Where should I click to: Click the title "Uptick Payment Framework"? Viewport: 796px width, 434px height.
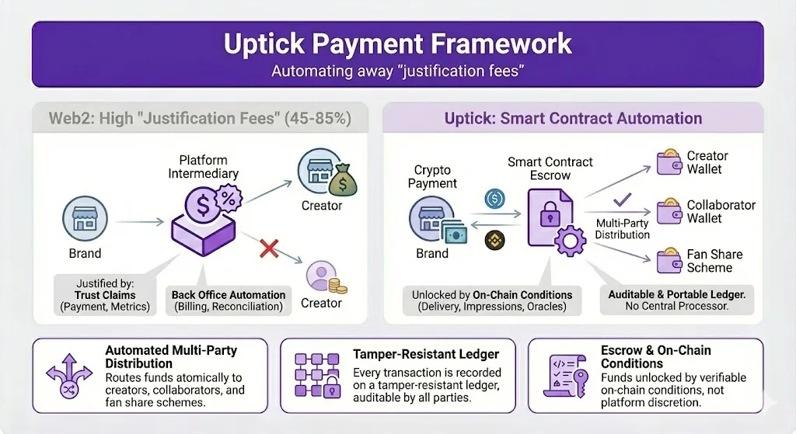pos(397,43)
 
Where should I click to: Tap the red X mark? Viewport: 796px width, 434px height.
pos(269,249)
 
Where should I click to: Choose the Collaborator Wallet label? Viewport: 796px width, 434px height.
pos(721,211)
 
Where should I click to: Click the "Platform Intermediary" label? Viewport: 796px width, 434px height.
pos(204,166)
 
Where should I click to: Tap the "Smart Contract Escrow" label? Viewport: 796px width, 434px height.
pos(550,168)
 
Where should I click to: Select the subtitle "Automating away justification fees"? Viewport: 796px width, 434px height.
pos(397,71)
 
